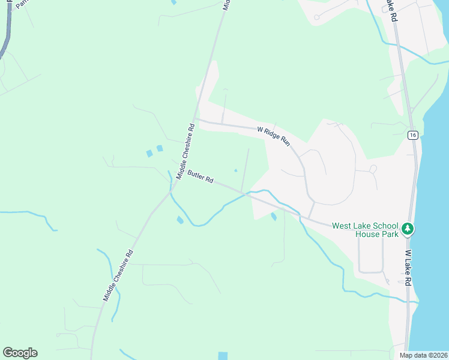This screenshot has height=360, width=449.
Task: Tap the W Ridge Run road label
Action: [274, 136]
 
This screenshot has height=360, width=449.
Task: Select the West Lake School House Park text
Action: [365, 230]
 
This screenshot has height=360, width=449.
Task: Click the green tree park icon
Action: [408, 229]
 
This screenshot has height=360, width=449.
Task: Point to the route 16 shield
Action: [412, 135]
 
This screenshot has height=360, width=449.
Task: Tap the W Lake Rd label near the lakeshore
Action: [408, 268]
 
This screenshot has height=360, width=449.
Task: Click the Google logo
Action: [20, 353]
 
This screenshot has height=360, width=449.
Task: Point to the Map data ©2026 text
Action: [424, 355]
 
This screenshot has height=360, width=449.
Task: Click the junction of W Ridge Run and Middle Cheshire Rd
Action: [195, 119]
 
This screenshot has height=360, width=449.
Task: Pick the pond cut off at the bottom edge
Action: [223, 356]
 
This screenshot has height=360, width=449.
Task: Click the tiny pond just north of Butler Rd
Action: [235, 169]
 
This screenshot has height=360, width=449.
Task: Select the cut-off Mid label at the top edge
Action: [226, 4]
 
